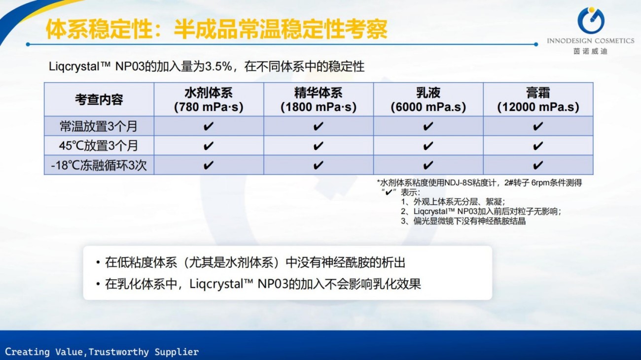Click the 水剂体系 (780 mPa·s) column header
point(209,100)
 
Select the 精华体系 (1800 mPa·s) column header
point(319,100)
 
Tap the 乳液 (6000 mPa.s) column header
point(428,100)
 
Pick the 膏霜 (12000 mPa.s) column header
point(538,100)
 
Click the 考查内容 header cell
point(99,100)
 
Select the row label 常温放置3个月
point(99,126)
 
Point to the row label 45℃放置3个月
point(99,145)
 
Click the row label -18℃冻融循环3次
point(99,165)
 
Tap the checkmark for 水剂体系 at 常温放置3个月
point(208,126)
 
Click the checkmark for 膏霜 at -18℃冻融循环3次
point(538,165)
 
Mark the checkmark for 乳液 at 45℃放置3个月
point(428,146)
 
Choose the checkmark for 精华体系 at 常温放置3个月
point(318,126)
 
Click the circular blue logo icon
point(591,20)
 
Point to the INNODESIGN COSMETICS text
point(591,41)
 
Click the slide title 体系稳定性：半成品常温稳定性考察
point(216,29)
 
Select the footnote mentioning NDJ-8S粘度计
point(479,182)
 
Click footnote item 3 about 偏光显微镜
point(463,221)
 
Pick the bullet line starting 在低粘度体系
point(251,262)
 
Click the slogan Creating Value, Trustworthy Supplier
point(102,352)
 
